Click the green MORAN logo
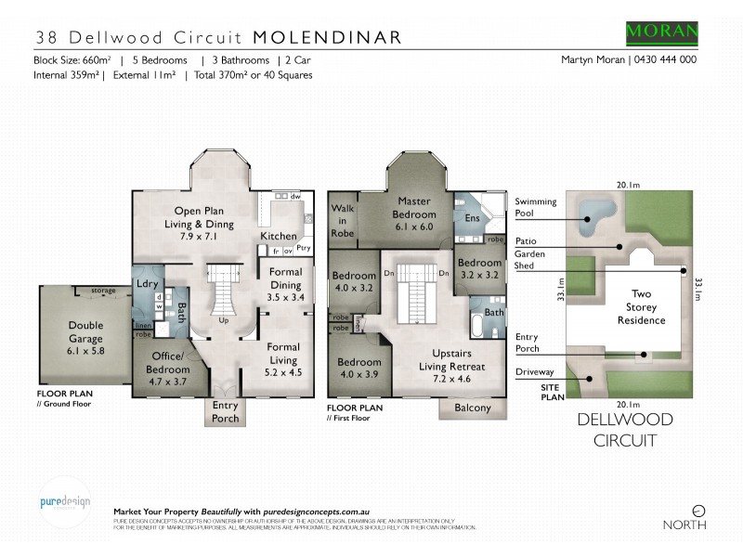pyautogui.click(x=662, y=31)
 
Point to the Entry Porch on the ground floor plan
pyautogui.click(x=225, y=411)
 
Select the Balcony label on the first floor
pyautogui.click(x=473, y=408)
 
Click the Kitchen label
pyautogui.click(x=279, y=236)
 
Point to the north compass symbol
pyautogui.click(x=698, y=511)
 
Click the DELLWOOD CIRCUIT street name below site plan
pyautogui.click(x=626, y=430)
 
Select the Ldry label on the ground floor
pyautogui.click(x=145, y=282)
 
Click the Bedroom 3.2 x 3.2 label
pyautogui.click(x=479, y=269)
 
